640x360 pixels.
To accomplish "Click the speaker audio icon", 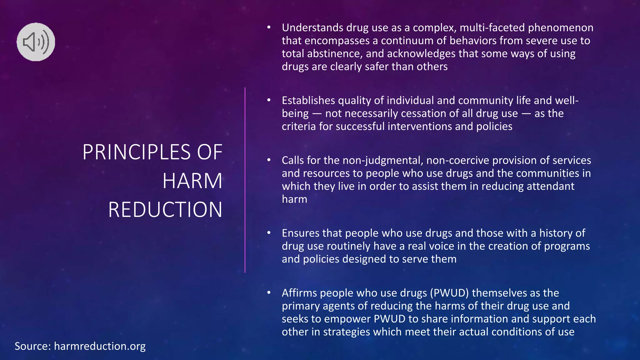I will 36,42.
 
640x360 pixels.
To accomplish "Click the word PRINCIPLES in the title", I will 136,152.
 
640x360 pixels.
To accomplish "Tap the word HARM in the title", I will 192,181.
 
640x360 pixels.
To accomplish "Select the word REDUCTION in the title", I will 165,210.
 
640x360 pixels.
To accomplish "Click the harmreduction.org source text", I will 100,346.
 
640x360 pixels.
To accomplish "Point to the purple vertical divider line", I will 245,180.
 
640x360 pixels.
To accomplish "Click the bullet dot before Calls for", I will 269,160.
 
